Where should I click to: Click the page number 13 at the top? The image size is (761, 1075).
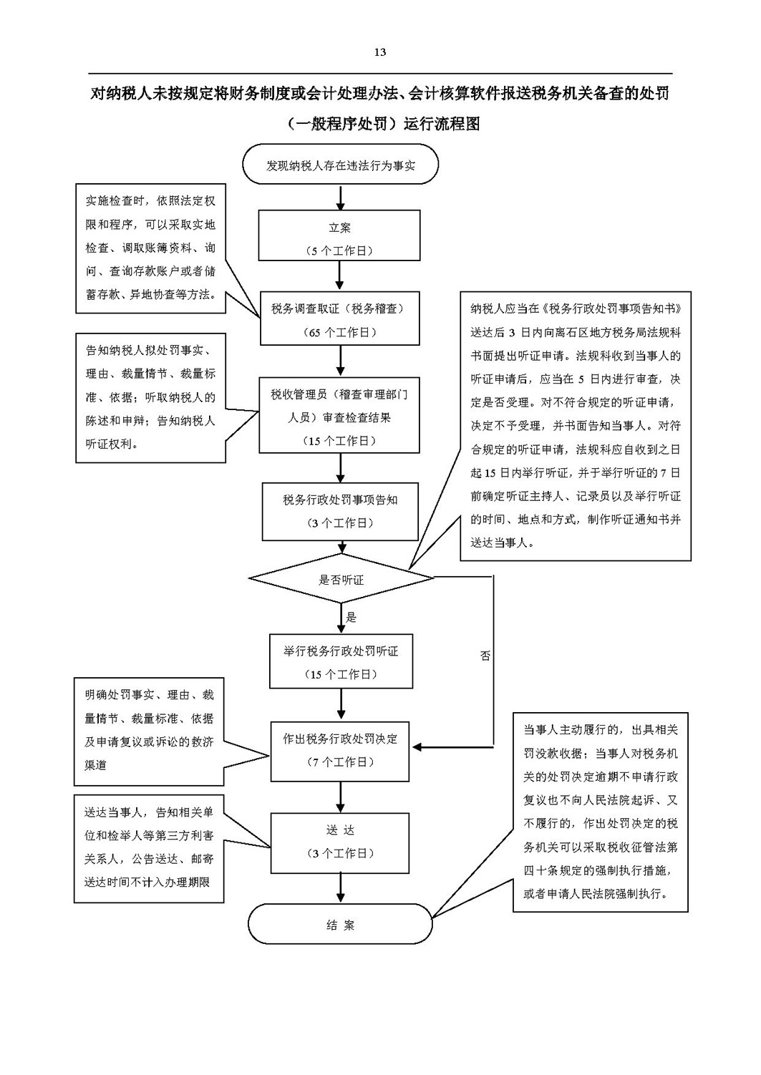coord(379,52)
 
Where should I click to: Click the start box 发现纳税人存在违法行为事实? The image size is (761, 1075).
coord(340,164)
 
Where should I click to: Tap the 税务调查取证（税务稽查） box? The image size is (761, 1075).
coord(340,318)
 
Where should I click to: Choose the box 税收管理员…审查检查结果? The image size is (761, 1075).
coord(339,415)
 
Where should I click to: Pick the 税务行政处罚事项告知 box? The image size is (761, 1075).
coord(340,512)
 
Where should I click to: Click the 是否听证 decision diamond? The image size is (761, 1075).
coord(341,578)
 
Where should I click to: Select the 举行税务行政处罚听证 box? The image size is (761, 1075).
coord(341,661)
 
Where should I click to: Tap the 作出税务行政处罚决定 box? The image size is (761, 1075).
coord(340,751)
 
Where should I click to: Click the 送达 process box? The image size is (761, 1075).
coord(340,843)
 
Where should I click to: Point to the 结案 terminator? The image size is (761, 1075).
coord(340,924)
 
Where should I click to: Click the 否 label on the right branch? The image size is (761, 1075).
coord(485,656)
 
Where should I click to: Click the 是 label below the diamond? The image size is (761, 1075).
coord(352,617)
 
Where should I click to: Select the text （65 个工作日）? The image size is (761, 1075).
coord(340,332)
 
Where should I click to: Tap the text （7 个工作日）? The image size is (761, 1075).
coord(340,762)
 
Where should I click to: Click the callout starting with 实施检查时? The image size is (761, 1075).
coord(151,248)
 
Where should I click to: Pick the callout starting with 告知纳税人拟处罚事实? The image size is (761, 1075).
coord(151,398)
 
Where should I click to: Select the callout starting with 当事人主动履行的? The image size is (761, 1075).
coord(600,812)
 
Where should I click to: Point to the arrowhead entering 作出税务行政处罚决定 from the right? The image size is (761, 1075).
coord(417,747)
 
